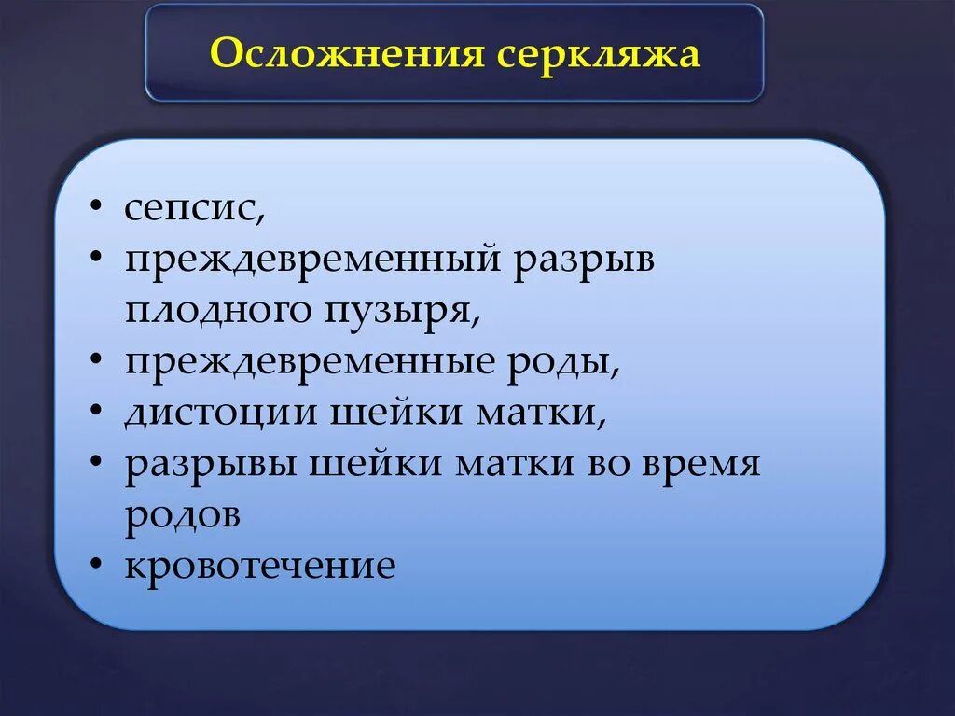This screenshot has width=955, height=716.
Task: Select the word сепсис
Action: click(195, 209)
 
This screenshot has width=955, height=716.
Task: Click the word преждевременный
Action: click(312, 260)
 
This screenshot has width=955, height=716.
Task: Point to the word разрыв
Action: click(584, 260)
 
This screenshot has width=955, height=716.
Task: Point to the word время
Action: click(700, 464)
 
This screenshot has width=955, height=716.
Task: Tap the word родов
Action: click(183, 514)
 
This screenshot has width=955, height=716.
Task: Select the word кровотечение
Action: click(260, 566)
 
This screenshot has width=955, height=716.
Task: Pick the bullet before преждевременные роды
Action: click(97, 360)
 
